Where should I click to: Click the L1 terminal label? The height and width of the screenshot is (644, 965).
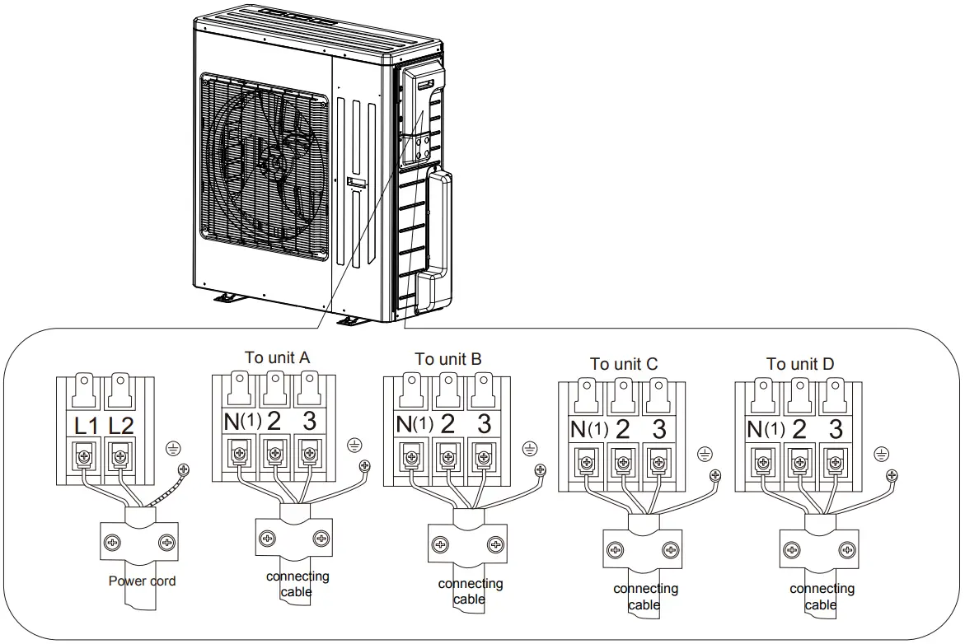[x=87, y=427]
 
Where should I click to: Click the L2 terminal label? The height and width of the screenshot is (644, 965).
[x=121, y=427]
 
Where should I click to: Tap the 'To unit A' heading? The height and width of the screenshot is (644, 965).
[x=278, y=357]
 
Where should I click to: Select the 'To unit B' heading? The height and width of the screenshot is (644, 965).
[x=448, y=359]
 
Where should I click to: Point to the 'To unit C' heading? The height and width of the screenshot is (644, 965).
[x=624, y=364]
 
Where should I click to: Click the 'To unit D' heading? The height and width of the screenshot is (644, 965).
[x=800, y=364]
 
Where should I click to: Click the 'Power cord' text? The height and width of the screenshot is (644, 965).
[x=142, y=581]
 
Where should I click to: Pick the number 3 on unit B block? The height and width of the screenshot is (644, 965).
[x=484, y=425]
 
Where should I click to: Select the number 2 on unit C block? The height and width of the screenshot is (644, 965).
[x=623, y=429]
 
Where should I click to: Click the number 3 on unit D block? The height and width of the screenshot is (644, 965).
[x=836, y=429]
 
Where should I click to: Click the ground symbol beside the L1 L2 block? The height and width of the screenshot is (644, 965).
[x=173, y=448]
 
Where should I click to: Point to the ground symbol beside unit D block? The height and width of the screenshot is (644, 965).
[x=881, y=454]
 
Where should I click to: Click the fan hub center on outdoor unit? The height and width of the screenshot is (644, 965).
[x=269, y=161]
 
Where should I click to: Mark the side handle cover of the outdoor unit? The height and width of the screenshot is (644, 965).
[x=435, y=239]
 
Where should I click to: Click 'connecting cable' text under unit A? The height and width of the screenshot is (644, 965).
[x=297, y=584]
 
